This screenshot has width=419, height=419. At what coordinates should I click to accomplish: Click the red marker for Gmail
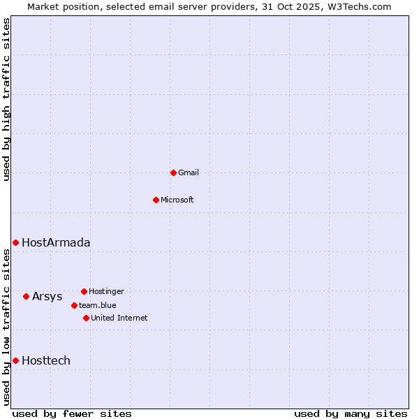pyautogui.click(x=173, y=172)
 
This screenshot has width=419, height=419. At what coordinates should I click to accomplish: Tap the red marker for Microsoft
pyautogui.click(x=156, y=200)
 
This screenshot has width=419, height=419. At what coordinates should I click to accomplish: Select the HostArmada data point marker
pyautogui.click(x=15, y=242)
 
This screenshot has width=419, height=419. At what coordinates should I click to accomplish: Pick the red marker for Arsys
pyautogui.click(x=26, y=296)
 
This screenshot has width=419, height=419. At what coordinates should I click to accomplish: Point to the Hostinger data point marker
pyautogui.click(x=84, y=291)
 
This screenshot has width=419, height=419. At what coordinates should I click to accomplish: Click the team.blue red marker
pyautogui.click(x=74, y=305)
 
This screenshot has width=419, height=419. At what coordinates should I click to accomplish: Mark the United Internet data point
pyautogui.click(x=86, y=318)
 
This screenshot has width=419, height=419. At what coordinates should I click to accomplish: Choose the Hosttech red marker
pyautogui.click(x=15, y=360)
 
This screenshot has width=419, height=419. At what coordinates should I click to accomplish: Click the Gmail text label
pyautogui.click(x=189, y=172)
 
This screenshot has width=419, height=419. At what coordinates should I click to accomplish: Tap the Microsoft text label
pyautogui.click(x=177, y=200)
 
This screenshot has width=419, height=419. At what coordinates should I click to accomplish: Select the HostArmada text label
pyautogui.click(x=56, y=243)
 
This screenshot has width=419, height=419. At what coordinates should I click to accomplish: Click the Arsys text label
pyautogui.click(x=47, y=297)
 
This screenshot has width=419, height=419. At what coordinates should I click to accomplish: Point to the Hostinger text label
pyautogui.click(x=106, y=291)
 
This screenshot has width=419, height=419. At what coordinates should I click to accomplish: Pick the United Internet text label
pyautogui.click(x=119, y=318)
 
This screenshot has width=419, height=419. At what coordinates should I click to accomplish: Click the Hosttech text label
pyautogui.click(x=46, y=361)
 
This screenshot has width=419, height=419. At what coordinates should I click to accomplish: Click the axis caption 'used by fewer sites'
pyautogui.click(x=72, y=413)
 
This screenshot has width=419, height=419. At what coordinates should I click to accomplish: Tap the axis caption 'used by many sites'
pyautogui.click(x=351, y=413)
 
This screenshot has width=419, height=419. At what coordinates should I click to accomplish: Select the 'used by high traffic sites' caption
pyautogui.click(x=7, y=99)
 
